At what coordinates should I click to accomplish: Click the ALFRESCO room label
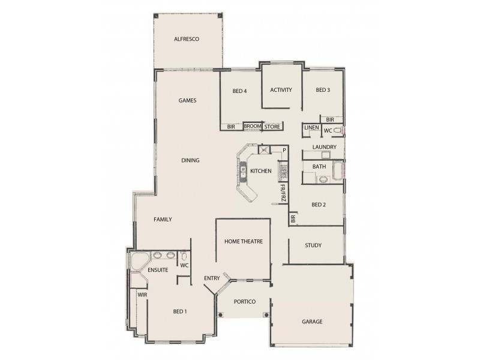point(186,39)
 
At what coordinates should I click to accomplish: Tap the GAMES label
point(188,101)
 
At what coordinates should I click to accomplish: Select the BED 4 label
point(240,91)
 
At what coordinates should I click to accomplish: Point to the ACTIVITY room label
point(281,91)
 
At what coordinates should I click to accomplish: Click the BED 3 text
point(323,91)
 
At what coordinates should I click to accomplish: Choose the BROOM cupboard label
point(253,127)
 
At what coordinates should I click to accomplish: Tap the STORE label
point(272,127)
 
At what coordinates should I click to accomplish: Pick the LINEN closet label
point(311,128)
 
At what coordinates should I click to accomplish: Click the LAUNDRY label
point(324,147)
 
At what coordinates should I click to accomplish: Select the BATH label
point(319,166)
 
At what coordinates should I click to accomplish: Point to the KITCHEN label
point(261,172)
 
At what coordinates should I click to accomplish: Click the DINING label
point(191,160)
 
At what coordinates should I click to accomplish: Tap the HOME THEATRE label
point(244,241)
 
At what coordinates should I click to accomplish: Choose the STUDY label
point(313,245)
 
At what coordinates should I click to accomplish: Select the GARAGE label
point(313,322)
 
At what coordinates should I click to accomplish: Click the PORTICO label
point(246,301)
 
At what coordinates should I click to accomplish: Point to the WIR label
point(143,295)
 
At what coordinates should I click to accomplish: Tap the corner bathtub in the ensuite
point(139,262)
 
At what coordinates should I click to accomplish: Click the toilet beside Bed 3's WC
point(337,130)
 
